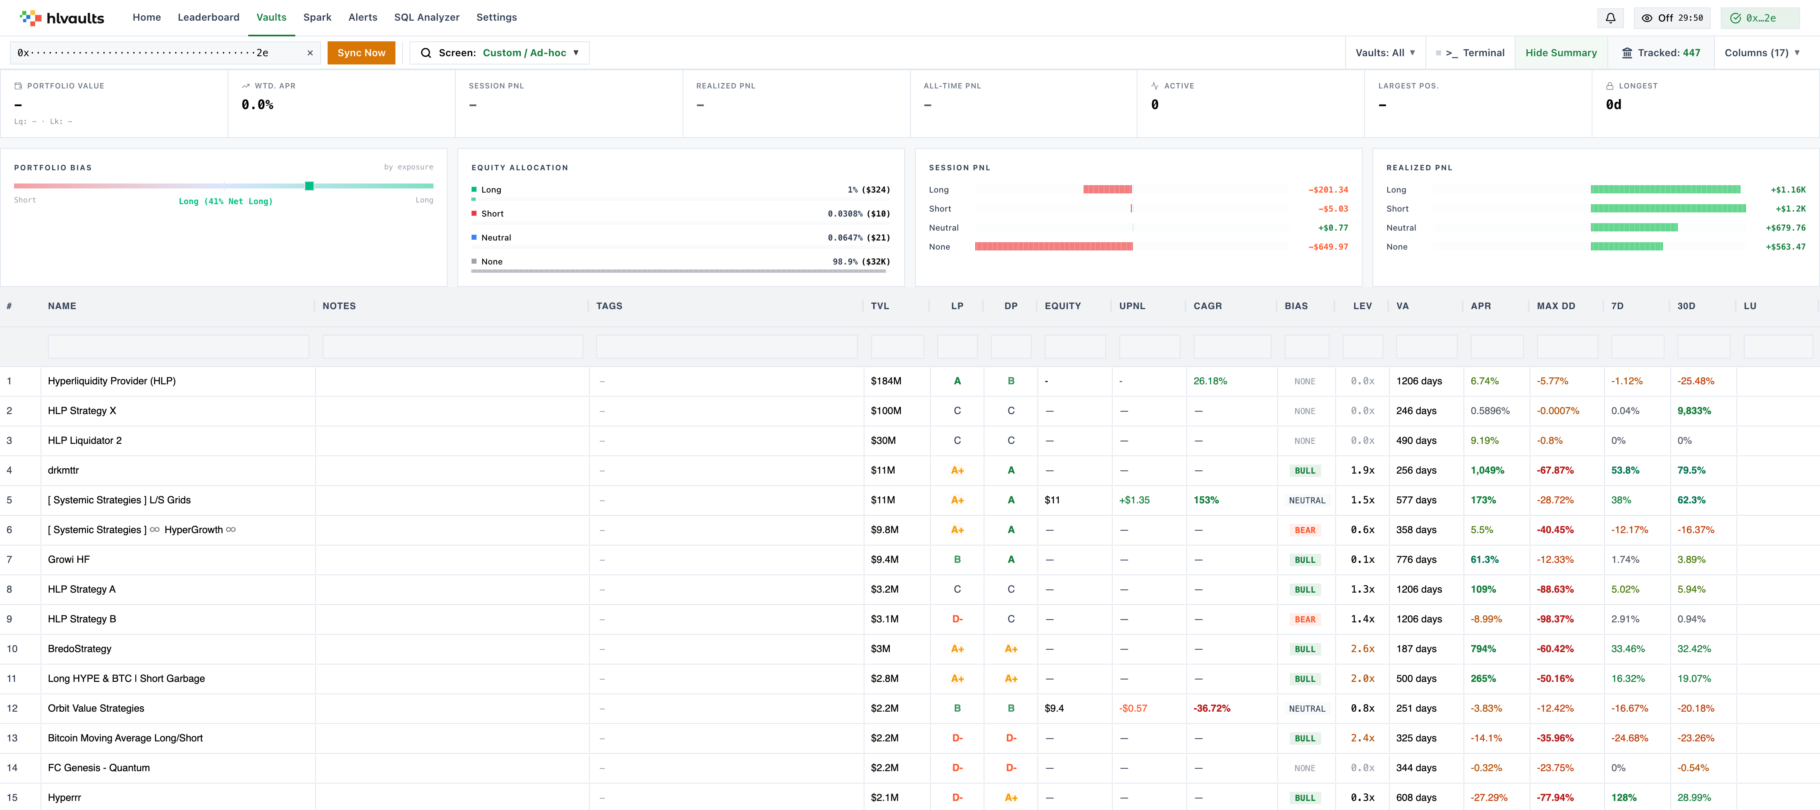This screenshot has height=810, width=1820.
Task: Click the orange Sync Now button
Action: [x=361, y=53]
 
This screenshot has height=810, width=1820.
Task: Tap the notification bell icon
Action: [x=1610, y=18]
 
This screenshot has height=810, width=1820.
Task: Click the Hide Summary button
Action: [x=1561, y=53]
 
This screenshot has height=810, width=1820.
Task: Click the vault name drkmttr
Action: [x=64, y=470]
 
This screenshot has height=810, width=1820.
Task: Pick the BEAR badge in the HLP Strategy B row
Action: [x=1305, y=619]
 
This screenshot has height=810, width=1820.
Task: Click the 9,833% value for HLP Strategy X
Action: [x=1694, y=411]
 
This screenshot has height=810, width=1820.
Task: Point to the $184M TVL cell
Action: [x=886, y=381]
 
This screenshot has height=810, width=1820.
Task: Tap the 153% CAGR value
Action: [x=1206, y=500]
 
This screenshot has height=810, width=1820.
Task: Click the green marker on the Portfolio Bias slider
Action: [x=309, y=186]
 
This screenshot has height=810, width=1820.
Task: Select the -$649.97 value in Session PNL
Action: [x=1328, y=247]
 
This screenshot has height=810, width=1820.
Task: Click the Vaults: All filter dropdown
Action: [x=1385, y=53]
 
